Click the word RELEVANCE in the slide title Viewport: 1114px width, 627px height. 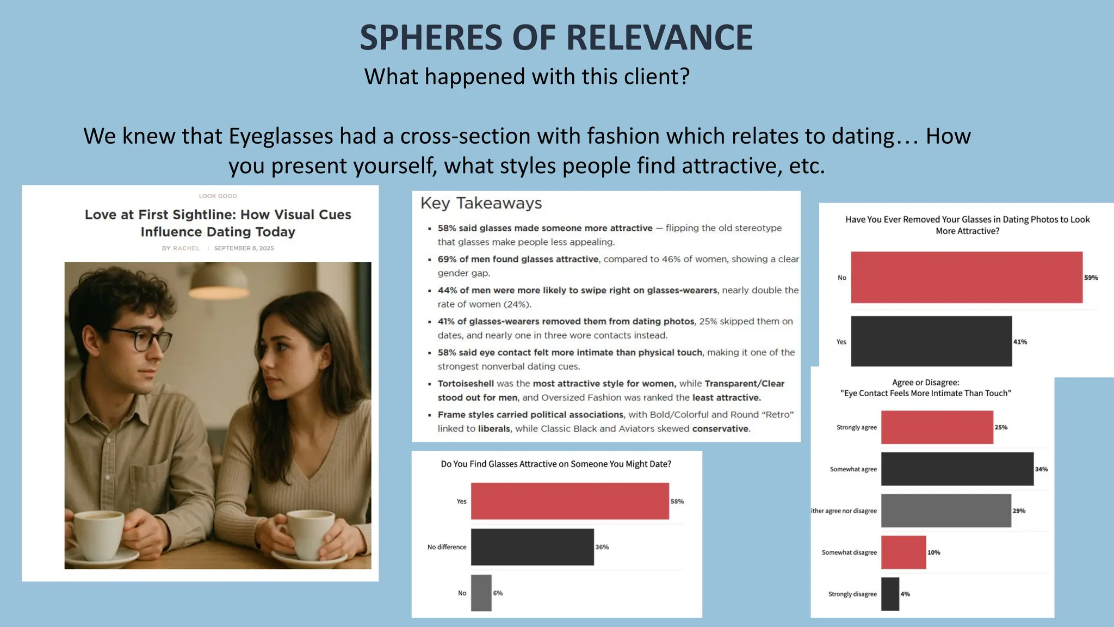tap(659, 38)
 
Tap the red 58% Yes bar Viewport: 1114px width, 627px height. tap(570, 501)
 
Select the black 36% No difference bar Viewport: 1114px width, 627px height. tap(532, 546)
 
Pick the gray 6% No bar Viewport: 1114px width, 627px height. tap(481, 593)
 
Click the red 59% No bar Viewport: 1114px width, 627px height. tap(966, 277)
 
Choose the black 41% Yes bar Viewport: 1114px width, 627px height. tap(931, 341)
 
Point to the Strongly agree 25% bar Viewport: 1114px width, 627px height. tap(937, 427)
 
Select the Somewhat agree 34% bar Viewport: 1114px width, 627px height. tap(957, 469)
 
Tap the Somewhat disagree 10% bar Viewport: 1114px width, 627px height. tap(903, 552)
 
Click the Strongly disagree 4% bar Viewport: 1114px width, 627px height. tap(890, 594)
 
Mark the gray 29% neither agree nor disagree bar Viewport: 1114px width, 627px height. tap(946, 511)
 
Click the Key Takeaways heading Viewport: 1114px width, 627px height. tap(481, 203)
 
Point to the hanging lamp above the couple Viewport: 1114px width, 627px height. tap(218, 276)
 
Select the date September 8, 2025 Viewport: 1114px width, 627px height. tap(244, 248)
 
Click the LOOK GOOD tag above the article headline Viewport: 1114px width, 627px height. tap(218, 196)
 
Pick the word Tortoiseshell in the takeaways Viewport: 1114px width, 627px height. tap(466, 384)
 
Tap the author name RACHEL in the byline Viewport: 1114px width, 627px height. tap(186, 248)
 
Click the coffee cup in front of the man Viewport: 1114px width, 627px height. tap(98, 536)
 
